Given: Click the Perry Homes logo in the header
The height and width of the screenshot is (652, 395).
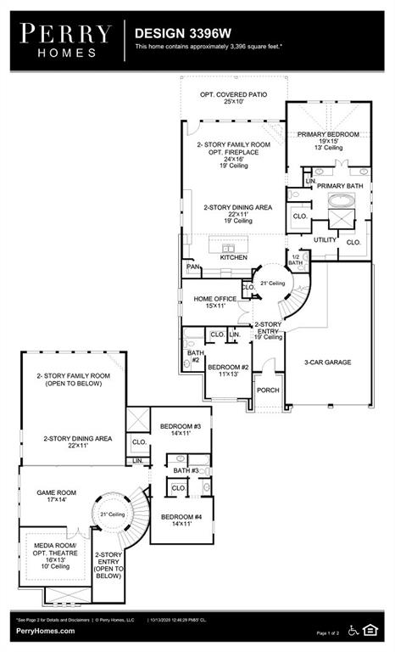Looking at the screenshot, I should [x=65, y=39].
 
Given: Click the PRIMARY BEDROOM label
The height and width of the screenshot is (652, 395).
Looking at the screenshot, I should [x=327, y=134].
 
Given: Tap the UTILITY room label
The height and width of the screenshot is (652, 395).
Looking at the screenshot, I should [x=325, y=240].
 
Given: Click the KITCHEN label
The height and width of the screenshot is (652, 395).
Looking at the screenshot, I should [x=233, y=256].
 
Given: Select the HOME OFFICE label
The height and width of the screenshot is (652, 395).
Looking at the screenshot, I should [x=214, y=299].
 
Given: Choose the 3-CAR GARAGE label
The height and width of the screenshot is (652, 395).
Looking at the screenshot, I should [x=327, y=362].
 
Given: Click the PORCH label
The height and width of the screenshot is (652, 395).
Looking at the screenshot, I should [x=269, y=391].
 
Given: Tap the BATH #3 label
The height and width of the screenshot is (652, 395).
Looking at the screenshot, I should [x=186, y=470].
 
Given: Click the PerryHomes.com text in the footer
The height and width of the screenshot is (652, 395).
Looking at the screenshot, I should [x=45, y=631].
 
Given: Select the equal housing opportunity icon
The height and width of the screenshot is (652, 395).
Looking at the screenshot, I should [x=370, y=629].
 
